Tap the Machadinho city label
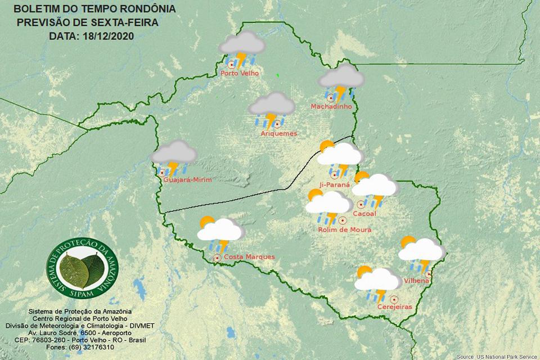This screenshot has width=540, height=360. (331, 106)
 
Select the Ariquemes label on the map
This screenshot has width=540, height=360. (278, 133)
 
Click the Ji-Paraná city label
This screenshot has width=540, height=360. (334, 184)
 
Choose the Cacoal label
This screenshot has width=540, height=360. (364, 214)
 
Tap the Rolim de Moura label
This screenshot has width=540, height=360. (344, 229)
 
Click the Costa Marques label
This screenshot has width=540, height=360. (249, 257)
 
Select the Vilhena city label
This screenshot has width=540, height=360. (417, 280)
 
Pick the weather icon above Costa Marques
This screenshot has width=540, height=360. (220, 233)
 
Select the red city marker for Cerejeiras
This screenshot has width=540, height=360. (394, 299)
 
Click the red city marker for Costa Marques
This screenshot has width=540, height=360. (217, 258)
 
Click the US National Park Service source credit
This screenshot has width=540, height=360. (497, 357)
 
